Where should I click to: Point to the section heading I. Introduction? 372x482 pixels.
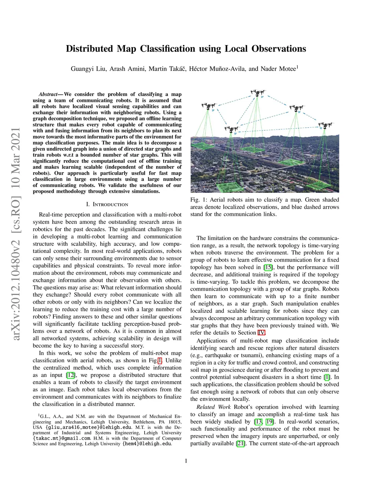coord(107,204)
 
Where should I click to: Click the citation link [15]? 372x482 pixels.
coord(268,267)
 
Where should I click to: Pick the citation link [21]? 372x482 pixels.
coord(240,443)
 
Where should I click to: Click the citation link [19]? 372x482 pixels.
coord(270,422)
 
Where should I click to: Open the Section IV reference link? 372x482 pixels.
coord(262,333)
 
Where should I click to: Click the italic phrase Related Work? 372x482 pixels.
coord(213,407)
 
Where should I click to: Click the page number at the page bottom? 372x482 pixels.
coord(186,461)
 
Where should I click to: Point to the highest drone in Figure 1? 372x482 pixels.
coord(258,93)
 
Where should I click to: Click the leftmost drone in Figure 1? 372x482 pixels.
coord(209,107)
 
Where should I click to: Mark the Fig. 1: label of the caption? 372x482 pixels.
coord(199,200)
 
